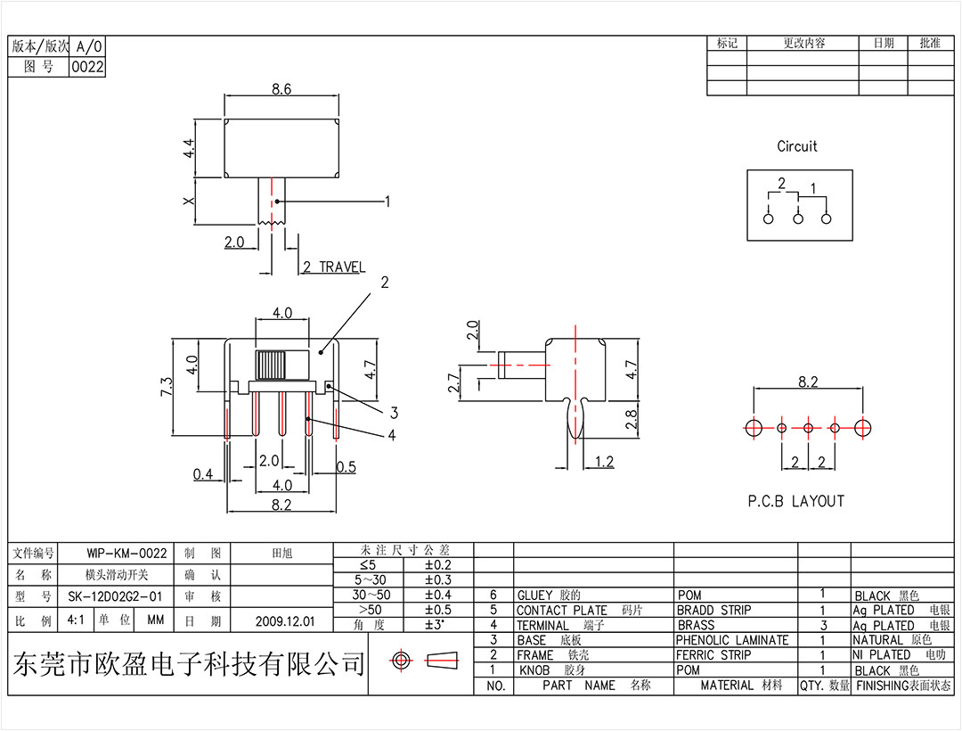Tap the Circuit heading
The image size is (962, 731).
[x=796, y=146]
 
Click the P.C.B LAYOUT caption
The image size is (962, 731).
[x=795, y=501]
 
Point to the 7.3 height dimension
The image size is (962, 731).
[x=167, y=387]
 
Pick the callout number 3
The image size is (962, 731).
[x=393, y=412]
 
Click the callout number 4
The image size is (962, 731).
[x=393, y=435]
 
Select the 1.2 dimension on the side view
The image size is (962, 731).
[x=604, y=461]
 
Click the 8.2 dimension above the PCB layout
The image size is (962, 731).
[x=807, y=382]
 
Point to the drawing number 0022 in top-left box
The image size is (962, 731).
[x=87, y=66]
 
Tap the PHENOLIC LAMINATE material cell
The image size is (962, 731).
[x=731, y=640]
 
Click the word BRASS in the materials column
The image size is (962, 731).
[x=696, y=625]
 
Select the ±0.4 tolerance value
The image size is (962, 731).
[x=437, y=595]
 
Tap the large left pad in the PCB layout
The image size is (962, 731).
[x=754, y=427]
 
